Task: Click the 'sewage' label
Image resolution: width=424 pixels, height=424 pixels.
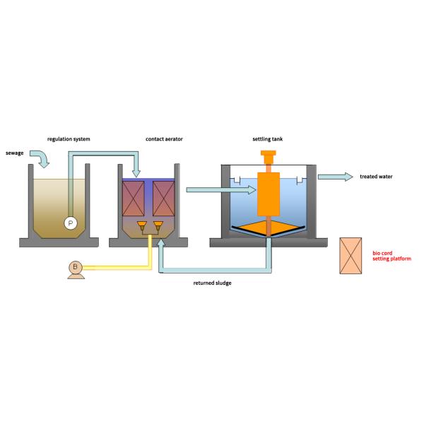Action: tap(16, 153)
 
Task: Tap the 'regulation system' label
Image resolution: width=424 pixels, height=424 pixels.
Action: tap(69, 140)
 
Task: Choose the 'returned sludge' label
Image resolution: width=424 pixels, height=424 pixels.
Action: tap(213, 283)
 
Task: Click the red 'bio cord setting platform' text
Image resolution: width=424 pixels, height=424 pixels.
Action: tap(391, 256)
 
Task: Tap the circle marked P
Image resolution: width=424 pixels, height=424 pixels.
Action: tap(70, 223)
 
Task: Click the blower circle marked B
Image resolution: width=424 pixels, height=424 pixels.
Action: tap(75, 266)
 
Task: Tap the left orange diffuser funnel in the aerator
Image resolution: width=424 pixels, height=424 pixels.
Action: tap(142, 227)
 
